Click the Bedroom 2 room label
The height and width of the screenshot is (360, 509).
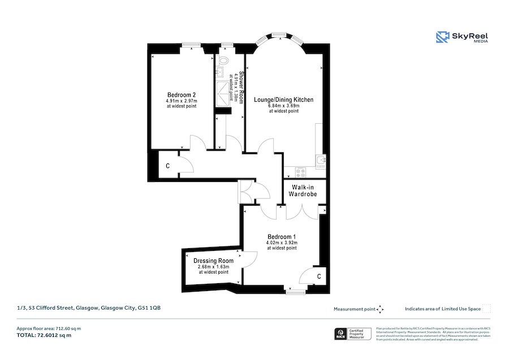[182, 94]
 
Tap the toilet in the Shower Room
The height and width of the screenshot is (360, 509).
[223, 60]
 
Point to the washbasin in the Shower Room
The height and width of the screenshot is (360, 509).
[220, 72]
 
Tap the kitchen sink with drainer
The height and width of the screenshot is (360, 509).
[321, 163]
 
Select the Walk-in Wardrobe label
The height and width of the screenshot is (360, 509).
[304, 190]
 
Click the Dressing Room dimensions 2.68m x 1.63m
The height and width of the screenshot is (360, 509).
[213, 267]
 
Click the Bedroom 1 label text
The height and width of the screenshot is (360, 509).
[281, 236]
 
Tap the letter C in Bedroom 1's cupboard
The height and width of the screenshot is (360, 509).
[319, 276]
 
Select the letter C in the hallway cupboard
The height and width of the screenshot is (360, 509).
[167, 166]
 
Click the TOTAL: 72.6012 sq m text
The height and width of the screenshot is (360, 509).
[44, 335]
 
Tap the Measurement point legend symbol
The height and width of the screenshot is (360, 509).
[380, 309]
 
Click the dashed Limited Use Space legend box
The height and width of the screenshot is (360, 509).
[486, 309]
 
